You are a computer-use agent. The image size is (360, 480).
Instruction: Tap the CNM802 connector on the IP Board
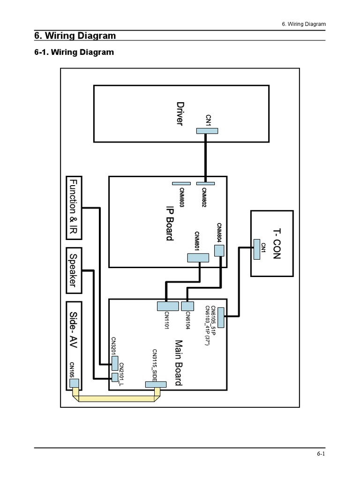coord(205,183)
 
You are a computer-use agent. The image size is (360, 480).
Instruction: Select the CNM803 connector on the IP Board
coord(181,183)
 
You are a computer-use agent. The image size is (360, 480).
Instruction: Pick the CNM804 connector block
coord(219,251)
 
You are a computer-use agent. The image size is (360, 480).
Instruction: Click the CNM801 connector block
coord(197,258)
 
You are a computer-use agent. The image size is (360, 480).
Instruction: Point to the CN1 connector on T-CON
coord(256,249)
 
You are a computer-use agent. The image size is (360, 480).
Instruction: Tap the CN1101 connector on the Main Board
coord(167,306)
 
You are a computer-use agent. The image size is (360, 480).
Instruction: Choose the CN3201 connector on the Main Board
coord(115,363)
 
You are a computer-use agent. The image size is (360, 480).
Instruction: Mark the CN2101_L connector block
coord(114,376)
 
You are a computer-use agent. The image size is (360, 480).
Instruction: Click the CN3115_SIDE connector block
coord(155,384)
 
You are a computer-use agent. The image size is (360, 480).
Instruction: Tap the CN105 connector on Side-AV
coord(74,383)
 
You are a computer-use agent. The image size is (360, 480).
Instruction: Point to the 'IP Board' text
coord(169,223)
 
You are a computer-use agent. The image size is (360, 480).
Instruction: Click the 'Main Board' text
coord(178,363)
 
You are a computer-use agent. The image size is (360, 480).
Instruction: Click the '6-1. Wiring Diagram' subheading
coord(74,52)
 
